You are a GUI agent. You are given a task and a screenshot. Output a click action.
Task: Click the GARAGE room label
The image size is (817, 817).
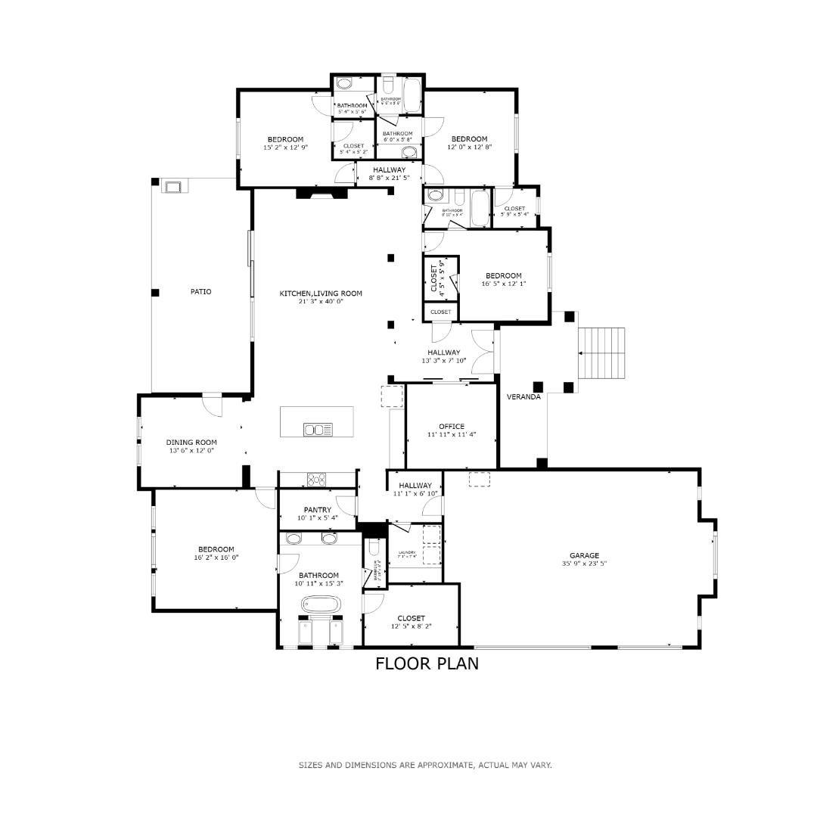coord(584,555)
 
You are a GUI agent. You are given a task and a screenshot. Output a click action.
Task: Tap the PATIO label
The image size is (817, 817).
coord(200,291)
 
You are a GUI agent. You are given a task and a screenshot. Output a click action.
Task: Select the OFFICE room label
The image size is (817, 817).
coord(452,427)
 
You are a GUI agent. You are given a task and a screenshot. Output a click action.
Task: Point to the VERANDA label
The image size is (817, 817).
coord(523,396)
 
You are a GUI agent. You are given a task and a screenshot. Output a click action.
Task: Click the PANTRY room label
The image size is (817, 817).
coord(318,510)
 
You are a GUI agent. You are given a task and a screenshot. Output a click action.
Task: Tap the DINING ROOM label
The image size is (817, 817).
coord(191,443)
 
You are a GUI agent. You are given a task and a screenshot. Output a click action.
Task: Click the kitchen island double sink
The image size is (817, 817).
coord(318,430)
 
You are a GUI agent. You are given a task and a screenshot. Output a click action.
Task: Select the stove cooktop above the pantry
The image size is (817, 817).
coord(316,479)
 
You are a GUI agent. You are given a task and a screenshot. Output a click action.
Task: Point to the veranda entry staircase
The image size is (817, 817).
coord(603,354)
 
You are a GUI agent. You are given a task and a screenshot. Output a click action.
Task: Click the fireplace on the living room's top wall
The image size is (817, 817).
coord(322,194)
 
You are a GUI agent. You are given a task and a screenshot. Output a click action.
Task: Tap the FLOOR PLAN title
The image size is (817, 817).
coord(427,664)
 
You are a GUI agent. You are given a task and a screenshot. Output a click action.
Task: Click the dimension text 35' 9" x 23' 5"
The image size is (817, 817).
coord(584,564)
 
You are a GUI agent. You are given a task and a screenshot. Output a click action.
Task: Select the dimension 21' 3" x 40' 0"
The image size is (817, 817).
coord(321,301)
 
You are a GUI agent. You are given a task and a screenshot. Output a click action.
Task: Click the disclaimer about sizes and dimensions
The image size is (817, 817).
coord(425,765)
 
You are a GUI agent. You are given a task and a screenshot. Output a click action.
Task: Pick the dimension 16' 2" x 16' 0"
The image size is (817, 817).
coord(216,558)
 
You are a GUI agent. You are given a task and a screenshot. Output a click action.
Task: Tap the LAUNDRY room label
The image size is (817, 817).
coord(406,553)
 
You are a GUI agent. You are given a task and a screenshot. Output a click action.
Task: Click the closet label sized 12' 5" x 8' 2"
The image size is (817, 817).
coord(411,618)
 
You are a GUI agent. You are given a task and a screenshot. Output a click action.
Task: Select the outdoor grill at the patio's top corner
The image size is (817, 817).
coord(172,187)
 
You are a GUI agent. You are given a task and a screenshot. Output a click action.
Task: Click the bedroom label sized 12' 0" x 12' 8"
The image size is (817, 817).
coord(469,138)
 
